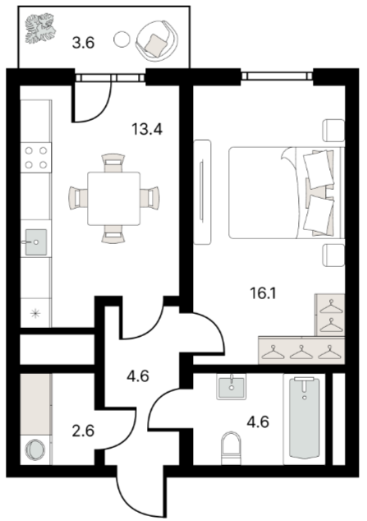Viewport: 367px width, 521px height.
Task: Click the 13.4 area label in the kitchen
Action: tap(147, 129)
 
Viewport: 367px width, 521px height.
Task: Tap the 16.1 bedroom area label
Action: tap(263, 293)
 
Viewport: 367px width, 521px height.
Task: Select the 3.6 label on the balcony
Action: tap(84, 43)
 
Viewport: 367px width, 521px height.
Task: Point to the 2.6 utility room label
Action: tap(83, 431)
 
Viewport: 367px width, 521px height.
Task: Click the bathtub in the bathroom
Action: tap(305, 417)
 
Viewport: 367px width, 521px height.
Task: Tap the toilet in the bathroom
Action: tap(231, 448)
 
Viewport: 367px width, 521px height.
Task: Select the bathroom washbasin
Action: tap(232, 386)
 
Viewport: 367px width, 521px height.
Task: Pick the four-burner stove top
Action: tap(36, 158)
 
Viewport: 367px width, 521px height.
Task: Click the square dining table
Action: tap(114, 198)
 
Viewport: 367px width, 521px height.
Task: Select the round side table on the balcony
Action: tap(122, 39)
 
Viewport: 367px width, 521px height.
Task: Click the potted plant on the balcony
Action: tap(40, 28)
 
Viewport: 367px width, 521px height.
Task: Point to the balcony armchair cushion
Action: tap(154, 44)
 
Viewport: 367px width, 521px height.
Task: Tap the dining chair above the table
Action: tap(113, 163)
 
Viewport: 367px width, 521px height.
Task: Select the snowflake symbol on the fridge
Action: tap(35, 314)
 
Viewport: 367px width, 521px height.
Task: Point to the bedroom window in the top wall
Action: tap(277, 76)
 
